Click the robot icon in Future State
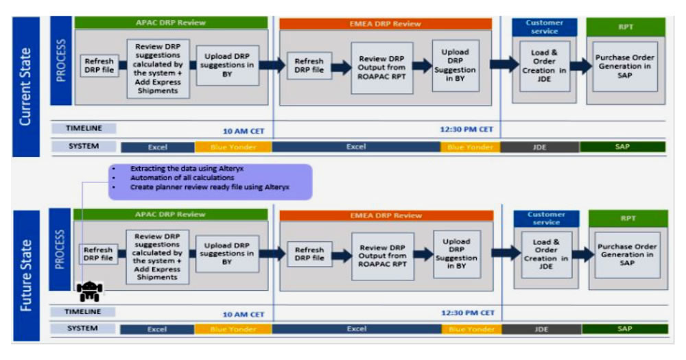(89, 291)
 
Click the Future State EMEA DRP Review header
(386, 215)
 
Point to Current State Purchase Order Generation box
(625, 66)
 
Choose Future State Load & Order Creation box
(546, 254)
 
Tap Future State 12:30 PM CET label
(467, 313)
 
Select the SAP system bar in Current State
(623, 147)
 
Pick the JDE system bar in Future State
(541, 329)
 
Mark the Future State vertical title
(27, 274)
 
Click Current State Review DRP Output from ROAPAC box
(382, 67)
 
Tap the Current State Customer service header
(544, 27)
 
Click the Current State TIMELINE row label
(83, 128)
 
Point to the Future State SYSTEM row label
(83, 328)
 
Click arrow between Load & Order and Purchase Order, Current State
(580, 66)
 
